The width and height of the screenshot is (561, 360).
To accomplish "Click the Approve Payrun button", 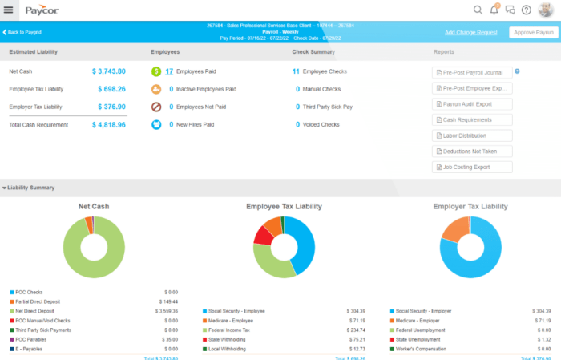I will click(533, 33).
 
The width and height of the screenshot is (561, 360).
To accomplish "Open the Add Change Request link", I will click(472, 33).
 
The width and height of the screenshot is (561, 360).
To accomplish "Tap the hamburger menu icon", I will click(9, 10).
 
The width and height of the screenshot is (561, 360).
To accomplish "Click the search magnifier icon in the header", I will click(478, 10).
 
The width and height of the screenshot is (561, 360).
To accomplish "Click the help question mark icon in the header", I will click(526, 10).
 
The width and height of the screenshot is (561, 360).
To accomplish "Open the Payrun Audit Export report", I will click(472, 103).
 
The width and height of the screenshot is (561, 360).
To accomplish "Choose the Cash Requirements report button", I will click(472, 119).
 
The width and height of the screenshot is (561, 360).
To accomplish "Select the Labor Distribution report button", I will click(472, 136).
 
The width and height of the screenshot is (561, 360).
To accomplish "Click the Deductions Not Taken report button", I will click(472, 152).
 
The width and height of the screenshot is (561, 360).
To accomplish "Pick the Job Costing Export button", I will click(472, 168).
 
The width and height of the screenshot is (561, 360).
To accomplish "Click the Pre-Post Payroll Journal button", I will click(472, 71).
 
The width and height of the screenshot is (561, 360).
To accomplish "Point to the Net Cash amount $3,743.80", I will click(108, 71).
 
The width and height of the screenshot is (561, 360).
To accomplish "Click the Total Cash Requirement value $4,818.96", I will click(108, 125).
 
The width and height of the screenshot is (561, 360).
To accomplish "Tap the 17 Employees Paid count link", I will click(169, 71).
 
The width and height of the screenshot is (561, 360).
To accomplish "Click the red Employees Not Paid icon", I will click(156, 107).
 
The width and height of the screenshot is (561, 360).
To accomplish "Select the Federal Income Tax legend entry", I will click(232, 330).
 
